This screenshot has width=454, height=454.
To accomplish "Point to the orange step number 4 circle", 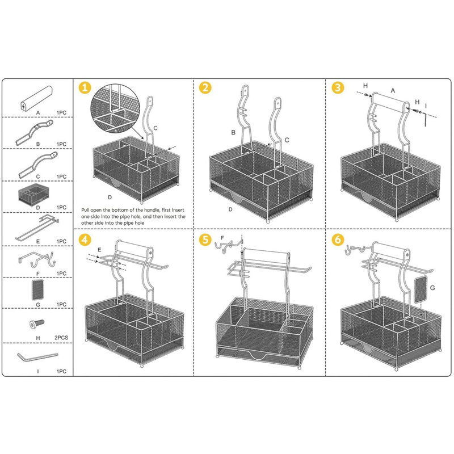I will [x=85, y=239].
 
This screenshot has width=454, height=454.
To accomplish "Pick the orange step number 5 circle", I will [x=205, y=239].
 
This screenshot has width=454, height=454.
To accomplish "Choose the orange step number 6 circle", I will [x=338, y=239].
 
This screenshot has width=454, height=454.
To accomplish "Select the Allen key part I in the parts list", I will [x=37, y=358].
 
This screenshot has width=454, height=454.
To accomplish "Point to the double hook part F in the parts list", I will [x=37, y=260].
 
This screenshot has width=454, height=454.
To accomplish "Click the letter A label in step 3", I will [x=392, y=90].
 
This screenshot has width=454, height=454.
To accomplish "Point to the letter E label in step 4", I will [x=99, y=249].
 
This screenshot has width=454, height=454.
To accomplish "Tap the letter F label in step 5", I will [x=222, y=238].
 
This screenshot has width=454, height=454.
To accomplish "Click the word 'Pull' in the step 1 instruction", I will [x=87, y=209].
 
